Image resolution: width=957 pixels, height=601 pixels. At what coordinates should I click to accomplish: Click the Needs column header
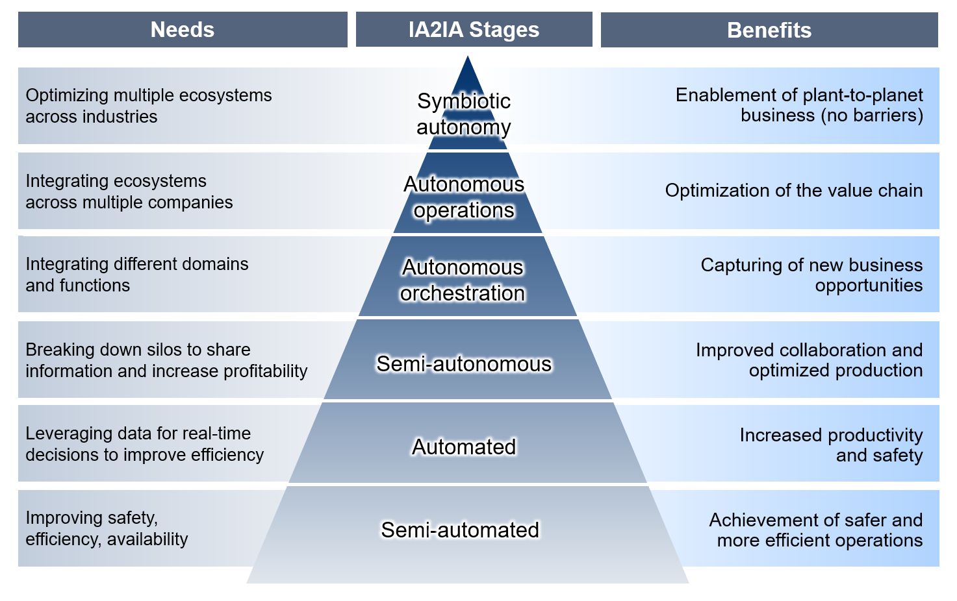[183, 30]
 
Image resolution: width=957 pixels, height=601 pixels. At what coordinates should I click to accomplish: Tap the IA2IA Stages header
[474, 30]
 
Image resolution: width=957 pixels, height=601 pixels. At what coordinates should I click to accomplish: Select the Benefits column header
[769, 30]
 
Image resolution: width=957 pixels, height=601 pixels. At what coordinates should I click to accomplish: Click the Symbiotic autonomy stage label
[464, 114]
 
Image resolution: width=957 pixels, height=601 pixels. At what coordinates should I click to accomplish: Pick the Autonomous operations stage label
[464, 197]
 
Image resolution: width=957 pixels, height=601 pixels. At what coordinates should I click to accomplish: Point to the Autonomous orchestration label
[463, 280]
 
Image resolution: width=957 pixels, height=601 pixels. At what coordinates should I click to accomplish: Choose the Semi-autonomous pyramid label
[464, 364]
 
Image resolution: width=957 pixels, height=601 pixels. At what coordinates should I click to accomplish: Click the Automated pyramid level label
[464, 447]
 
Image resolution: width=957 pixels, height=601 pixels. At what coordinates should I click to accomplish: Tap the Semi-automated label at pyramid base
[460, 530]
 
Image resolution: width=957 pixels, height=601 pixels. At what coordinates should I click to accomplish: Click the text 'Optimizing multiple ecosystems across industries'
[149, 106]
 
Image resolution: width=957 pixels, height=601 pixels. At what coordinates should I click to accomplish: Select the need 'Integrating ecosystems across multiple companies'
[129, 191]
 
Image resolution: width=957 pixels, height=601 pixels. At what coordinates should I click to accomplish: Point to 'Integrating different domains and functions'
[137, 275]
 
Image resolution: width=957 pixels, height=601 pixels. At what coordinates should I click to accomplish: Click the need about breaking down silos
[166, 360]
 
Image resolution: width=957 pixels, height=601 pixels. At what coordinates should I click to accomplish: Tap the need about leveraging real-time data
[145, 444]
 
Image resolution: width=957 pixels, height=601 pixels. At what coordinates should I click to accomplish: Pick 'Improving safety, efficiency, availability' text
[107, 528]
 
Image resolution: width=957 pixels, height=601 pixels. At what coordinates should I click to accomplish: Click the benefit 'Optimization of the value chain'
[793, 190]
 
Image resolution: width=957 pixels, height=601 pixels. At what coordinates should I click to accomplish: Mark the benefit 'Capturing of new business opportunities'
[811, 275]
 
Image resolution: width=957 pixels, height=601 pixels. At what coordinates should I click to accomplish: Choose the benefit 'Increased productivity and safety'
[831, 445]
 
